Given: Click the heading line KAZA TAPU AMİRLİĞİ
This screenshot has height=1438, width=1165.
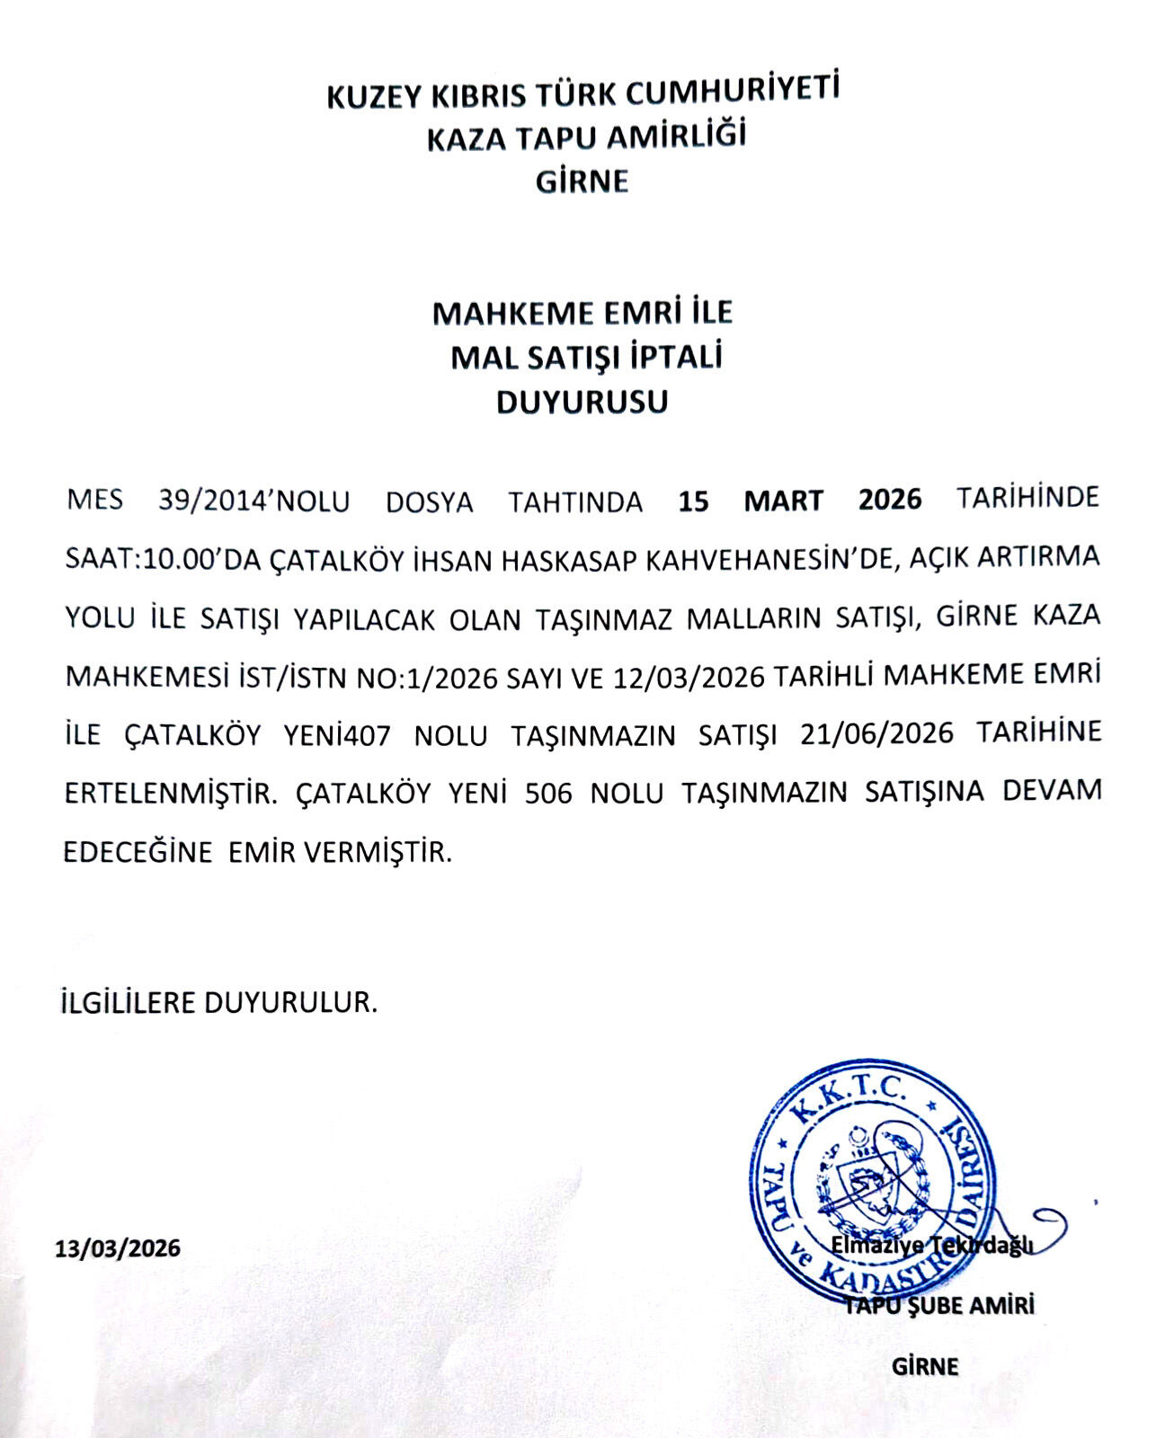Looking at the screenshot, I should pyautogui.click(x=586, y=138).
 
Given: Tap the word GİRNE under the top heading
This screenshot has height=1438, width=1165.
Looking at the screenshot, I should pyautogui.click(x=582, y=182).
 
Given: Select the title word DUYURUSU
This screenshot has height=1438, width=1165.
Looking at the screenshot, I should pyautogui.click(x=582, y=402).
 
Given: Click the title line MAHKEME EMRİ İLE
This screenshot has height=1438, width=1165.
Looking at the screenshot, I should pyautogui.click(x=582, y=313).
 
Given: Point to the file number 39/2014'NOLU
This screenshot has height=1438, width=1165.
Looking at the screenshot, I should pyautogui.click(x=254, y=501).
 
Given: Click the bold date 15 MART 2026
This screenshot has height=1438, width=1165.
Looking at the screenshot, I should pyautogui.click(x=800, y=500).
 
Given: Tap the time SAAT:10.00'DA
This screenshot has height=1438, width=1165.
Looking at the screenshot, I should pyautogui.click(x=163, y=559).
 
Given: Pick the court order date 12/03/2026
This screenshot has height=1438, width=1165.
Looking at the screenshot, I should pyautogui.click(x=689, y=676).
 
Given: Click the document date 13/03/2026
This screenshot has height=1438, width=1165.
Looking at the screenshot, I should pyautogui.click(x=118, y=1248).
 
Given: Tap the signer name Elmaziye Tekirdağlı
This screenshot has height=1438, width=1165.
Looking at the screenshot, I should pyautogui.click(x=931, y=1247).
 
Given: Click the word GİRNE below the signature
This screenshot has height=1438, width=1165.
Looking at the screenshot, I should pyautogui.click(x=926, y=1367).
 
